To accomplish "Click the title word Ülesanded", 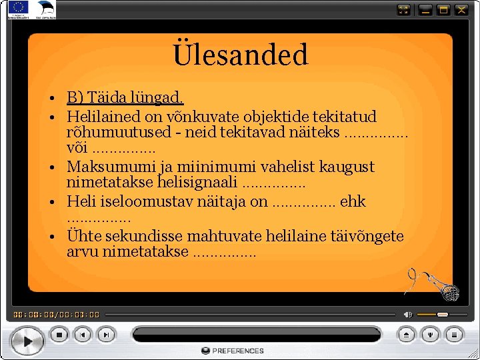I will coord(240,55).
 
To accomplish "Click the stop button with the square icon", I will coord(59,335).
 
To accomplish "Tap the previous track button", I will coord(82,335).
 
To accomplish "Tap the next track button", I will coord(105,335).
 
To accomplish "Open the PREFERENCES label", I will coord(233,351).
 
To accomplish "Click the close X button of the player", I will coord(462,10).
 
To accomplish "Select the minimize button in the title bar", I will coord(425,10).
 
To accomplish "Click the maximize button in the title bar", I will coord(443,10).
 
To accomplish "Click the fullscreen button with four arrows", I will coord(404,10).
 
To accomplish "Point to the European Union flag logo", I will coord(18,9).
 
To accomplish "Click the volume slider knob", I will coord(442,314).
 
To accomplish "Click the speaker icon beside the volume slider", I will coord(408,314).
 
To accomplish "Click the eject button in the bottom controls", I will coord(407,335).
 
